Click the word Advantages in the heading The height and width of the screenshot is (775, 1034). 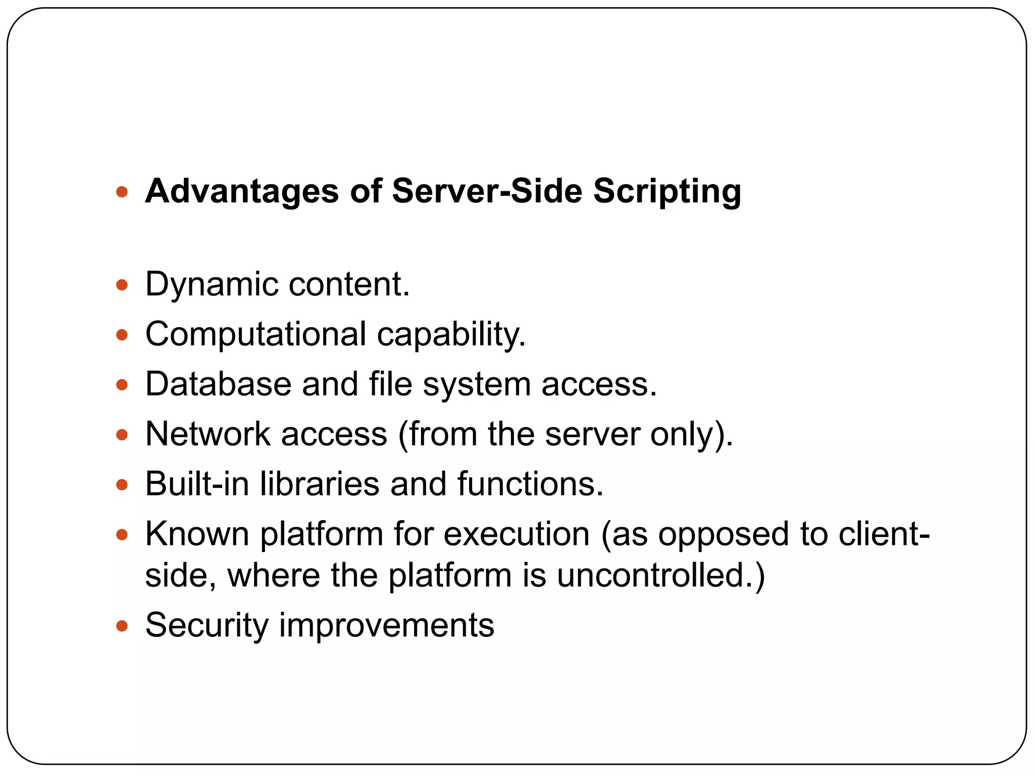point(241,191)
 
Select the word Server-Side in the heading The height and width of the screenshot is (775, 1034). point(487,191)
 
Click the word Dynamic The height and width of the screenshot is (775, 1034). point(212,285)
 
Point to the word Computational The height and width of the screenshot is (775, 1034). point(255,335)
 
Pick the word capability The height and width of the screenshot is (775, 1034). point(451,335)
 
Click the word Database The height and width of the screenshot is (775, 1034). point(218,384)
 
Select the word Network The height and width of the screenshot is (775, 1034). point(208,434)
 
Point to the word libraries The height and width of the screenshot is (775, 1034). point(320,484)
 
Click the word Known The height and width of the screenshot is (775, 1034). point(197,534)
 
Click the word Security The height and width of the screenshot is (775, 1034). point(206,626)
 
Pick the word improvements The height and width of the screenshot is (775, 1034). point(386,626)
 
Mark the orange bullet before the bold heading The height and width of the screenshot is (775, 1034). point(122,192)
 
